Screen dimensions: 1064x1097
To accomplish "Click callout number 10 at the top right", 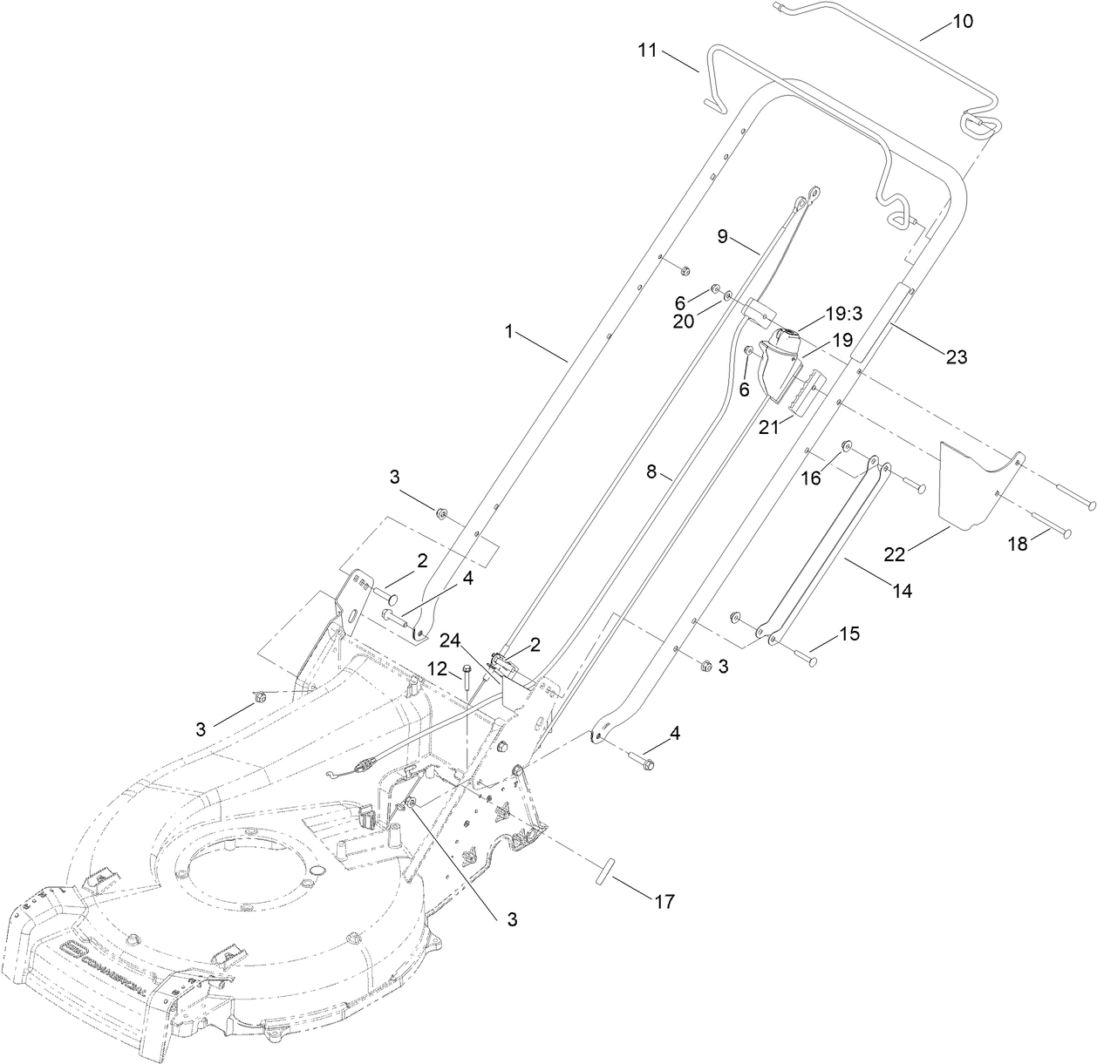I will point(962,21).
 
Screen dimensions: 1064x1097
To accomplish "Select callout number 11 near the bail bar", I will point(646,51).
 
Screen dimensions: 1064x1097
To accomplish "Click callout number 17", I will point(663,902).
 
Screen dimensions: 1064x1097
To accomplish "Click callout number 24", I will point(450,640).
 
